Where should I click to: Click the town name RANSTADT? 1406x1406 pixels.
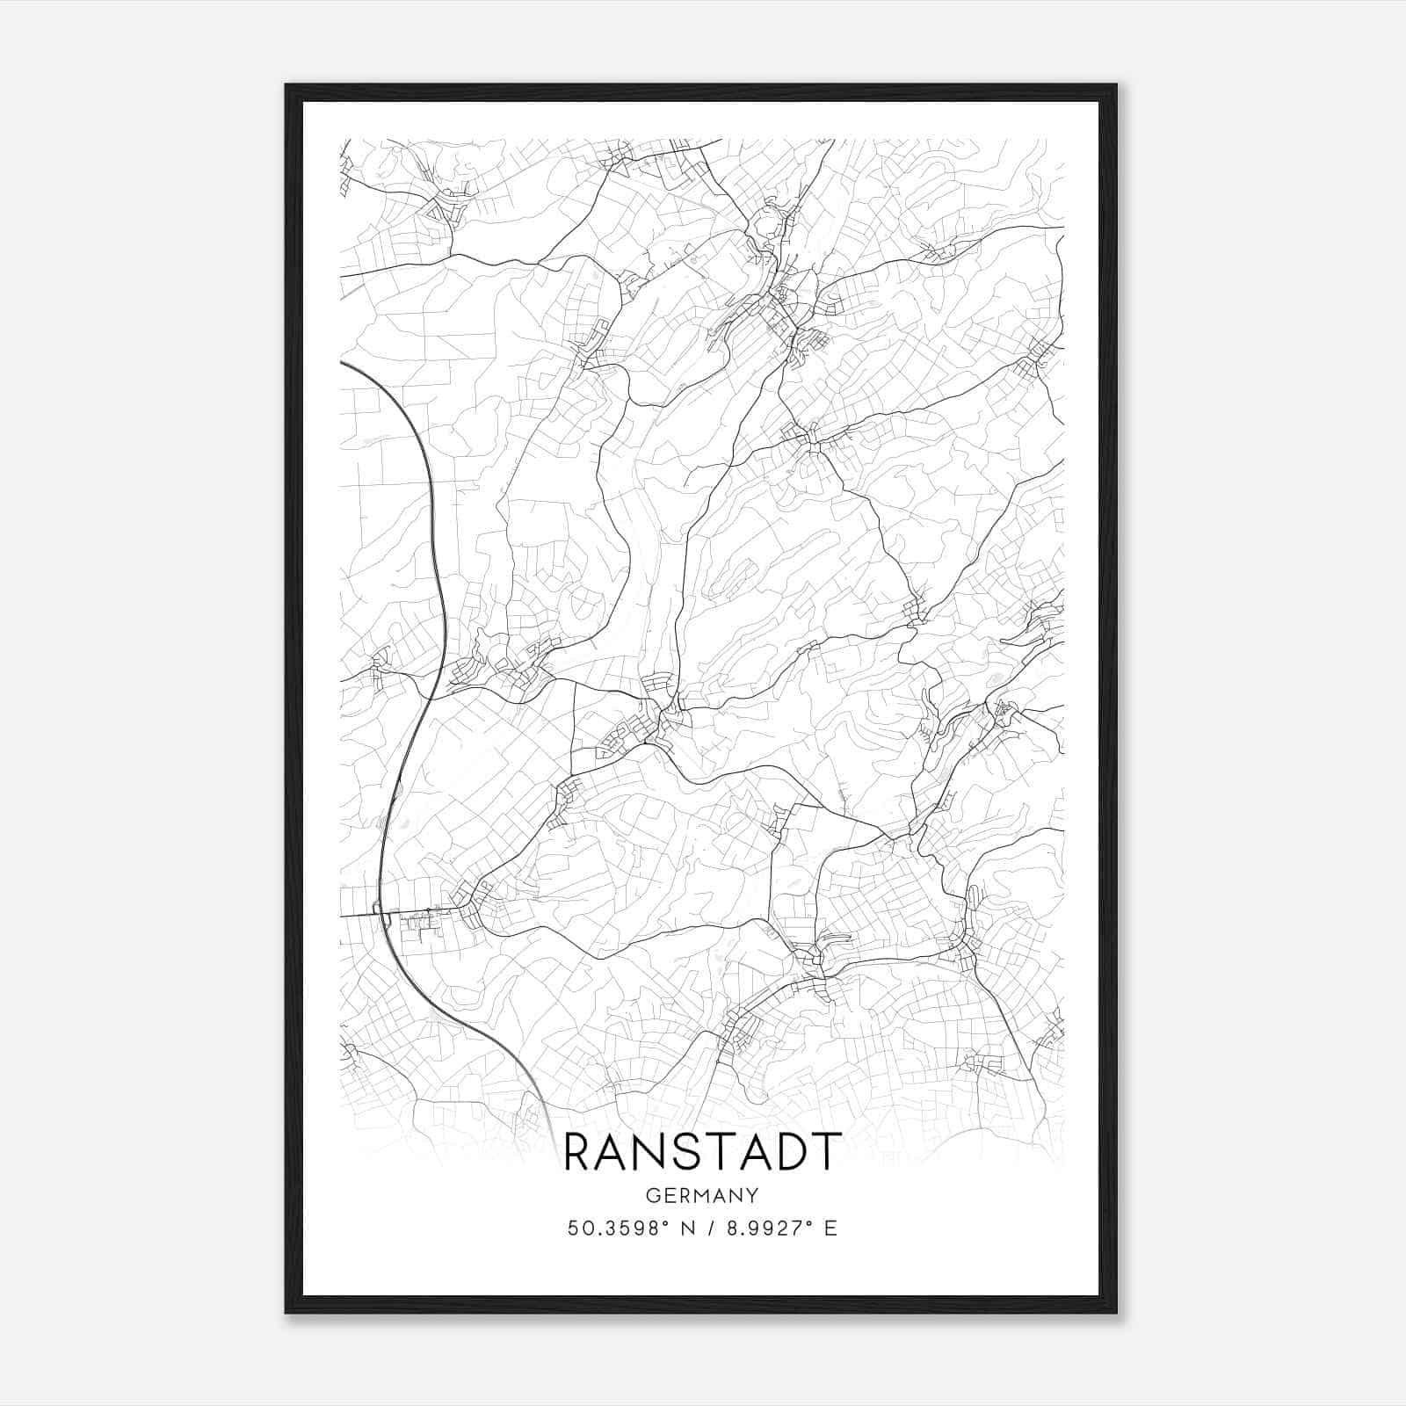tap(702, 1152)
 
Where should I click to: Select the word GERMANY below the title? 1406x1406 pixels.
tap(702, 1195)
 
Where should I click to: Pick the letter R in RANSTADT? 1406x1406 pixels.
tap(580, 1152)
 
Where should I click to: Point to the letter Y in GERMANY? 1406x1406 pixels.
tap(752, 1195)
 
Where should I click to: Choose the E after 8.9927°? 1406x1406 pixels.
tap(830, 1228)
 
